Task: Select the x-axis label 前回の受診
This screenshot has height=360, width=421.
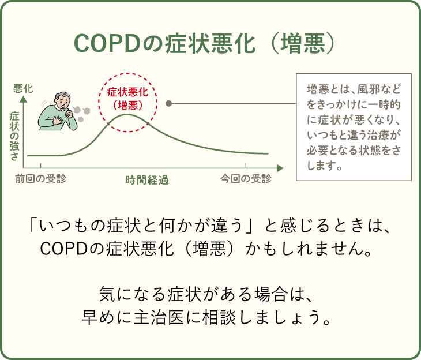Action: pos(41,178)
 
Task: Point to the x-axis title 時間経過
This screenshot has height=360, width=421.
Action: pos(147,179)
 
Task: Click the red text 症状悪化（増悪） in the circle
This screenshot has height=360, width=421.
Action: pos(128,98)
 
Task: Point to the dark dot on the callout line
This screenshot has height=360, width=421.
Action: pos(169,103)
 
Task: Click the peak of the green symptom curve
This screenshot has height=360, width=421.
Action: pos(128,115)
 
